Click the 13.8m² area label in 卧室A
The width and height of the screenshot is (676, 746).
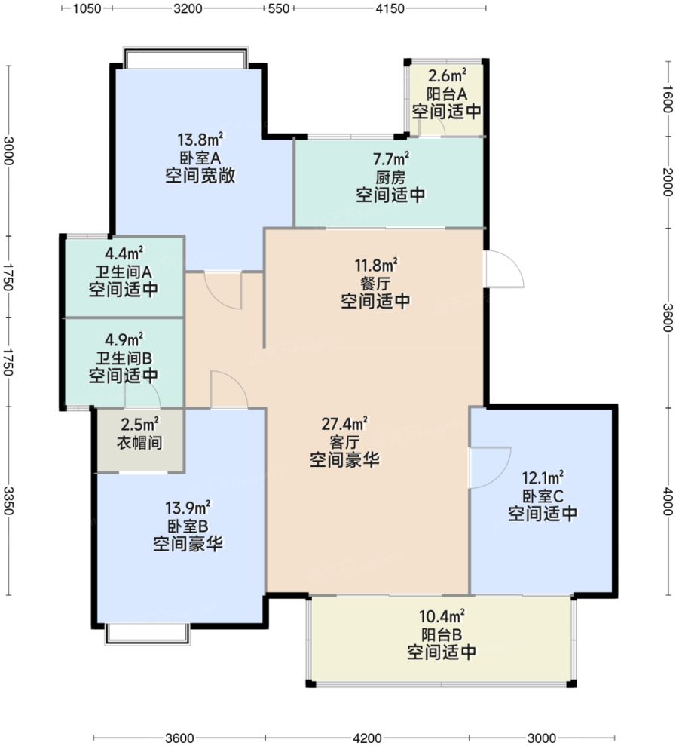(200, 140)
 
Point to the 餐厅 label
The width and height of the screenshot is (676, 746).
(375, 283)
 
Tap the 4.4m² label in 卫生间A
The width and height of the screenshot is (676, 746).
(124, 253)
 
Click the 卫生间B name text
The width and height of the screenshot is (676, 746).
(124, 356)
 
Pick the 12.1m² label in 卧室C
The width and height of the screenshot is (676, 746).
(543, 477)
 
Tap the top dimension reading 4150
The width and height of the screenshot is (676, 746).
(390, 8)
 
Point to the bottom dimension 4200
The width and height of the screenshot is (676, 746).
(368, 737)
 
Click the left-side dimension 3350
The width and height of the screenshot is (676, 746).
(8, 501)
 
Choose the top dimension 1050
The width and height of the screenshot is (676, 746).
(87, 8)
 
